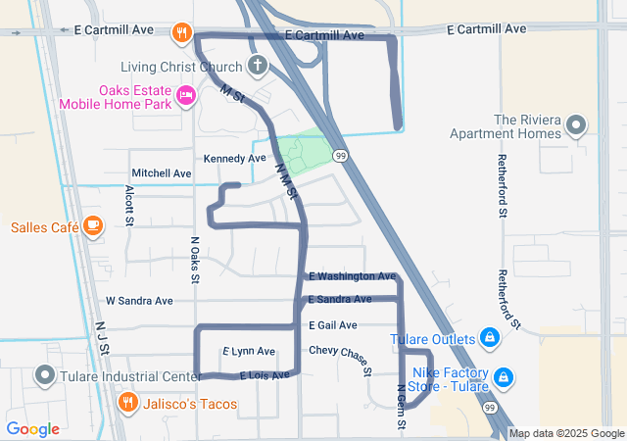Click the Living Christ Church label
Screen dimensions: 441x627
click(x=181, y=68)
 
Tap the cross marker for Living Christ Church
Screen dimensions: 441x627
click(x=258, y=67)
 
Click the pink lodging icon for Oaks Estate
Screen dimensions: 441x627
click(x=186, y=94)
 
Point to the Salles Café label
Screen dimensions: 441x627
click(x=44, y=227)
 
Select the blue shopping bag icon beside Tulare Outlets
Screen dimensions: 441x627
click(x=491, y=339)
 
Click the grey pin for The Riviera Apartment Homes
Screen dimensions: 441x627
click(x=575, y=125)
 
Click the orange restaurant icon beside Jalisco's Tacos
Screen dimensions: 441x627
click(x=127, y=403)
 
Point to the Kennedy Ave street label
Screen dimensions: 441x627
click(x=234, y=159)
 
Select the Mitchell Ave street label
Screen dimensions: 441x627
click(x=162, y=173)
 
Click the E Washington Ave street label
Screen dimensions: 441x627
click(x=352, y=277)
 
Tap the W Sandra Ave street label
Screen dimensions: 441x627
click(x=139, y=301)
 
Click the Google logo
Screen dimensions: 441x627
click(x=33, y=429)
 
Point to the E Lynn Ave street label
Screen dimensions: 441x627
click(x=249, y=351)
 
